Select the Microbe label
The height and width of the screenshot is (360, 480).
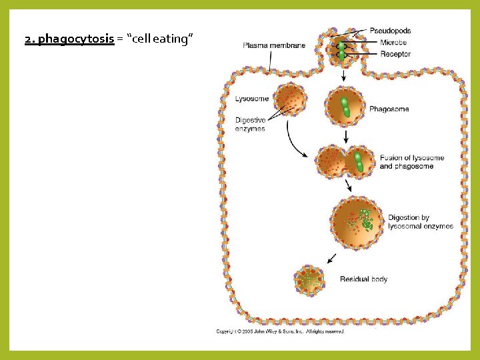point(394,43)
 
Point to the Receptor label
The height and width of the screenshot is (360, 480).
point(395,54)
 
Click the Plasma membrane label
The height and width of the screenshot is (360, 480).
point(274,45)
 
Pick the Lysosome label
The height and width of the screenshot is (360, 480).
point(252,99)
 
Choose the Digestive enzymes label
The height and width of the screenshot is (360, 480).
point(250,125)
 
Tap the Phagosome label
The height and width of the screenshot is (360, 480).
point(389,109)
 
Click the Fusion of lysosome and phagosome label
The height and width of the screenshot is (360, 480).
point(411,162)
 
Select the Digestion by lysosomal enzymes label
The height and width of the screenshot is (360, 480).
point(420,222)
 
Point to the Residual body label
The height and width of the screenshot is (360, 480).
point(363,279)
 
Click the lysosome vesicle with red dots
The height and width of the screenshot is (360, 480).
point(290,100)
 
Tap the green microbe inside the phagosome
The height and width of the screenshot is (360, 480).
point(346,107)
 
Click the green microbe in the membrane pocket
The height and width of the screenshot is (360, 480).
point(341,51)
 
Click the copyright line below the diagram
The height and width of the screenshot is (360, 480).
point(280,331)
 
